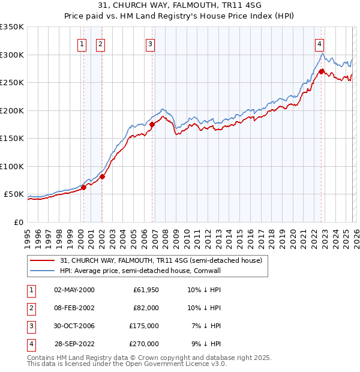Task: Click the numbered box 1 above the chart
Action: (81, 43)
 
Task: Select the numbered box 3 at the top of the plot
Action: (149, 43)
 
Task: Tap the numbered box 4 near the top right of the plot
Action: (320, 43)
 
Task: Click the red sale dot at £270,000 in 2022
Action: (322, 71)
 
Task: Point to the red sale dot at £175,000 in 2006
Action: (152, 124)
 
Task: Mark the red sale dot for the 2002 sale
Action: (102, 176)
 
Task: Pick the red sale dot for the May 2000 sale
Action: (83, 187)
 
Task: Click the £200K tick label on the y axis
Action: (12, 110)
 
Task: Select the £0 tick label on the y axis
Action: (19, 222)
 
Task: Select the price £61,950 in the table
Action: (145, 290)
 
